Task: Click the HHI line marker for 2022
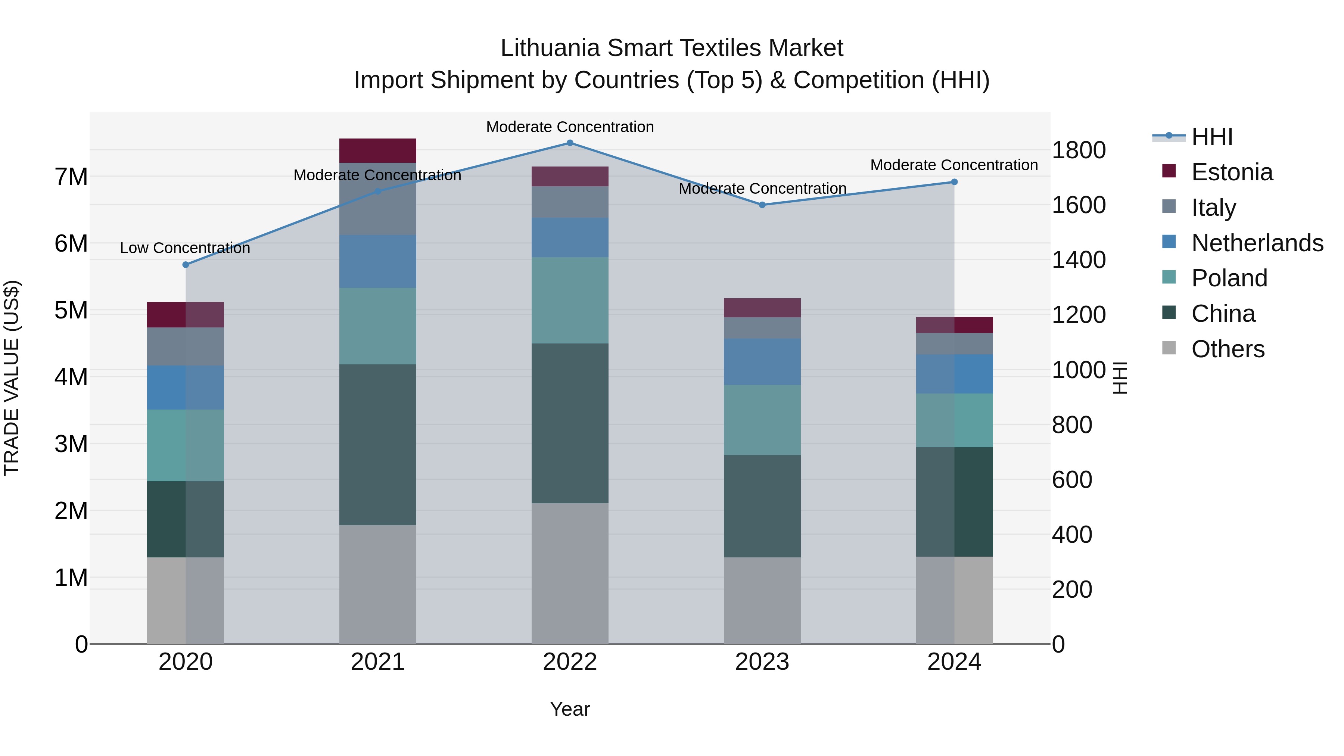pyautogui.click(x=570, y=143)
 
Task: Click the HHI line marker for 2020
pyautogui.click(x=186, y=265)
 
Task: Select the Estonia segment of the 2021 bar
pyautogui.click(x=378, y=151)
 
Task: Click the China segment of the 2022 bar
pyautogui.click(x=570, y=423)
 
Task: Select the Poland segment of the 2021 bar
pyautogui.click(x=378, y=326)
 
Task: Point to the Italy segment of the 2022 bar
pyautogui.click(x=570, y=202)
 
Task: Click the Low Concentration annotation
pyautogui.click(x=185, y=248)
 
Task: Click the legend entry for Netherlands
pyautogui.click(x=1257, y=243)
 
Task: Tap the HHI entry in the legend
pyautogui.click(x=1211, y=137)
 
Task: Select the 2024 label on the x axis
pyautogui.click(x=954, y=662)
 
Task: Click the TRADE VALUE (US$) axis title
pyautogui.click(x=12, y=378)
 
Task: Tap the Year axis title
pyautogui.click(x=570, y=709)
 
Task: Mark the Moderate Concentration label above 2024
pyautogui.click(x=954, y=165)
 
